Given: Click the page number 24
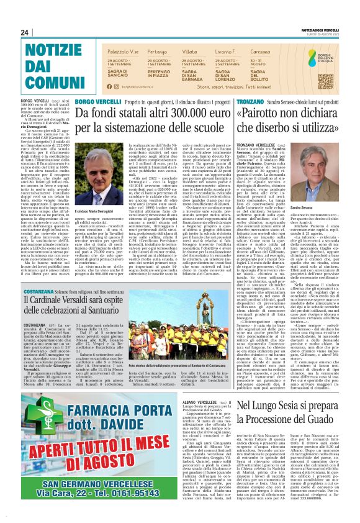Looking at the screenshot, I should [x=25, y=33].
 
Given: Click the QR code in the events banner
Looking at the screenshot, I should [x=326, y=78].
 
